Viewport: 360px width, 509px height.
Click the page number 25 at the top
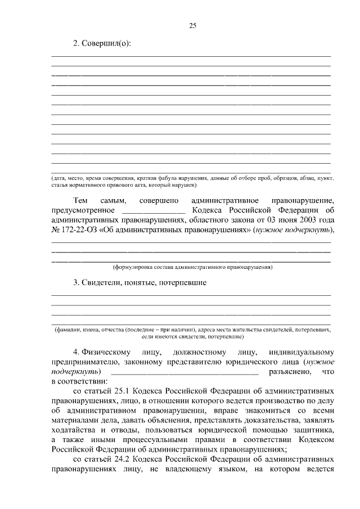(192, 25)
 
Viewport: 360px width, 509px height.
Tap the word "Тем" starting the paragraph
(80, 201)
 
